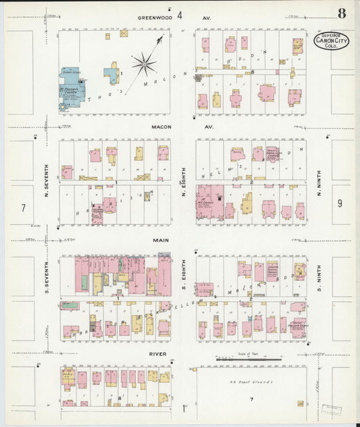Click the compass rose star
144,66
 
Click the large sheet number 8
342,14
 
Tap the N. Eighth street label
183,182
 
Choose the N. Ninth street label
319,182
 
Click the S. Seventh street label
47,276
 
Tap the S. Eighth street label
183,276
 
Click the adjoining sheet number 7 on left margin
23,208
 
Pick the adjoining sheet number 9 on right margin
340,203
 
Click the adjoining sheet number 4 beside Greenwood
180,16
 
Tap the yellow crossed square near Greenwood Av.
124,32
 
